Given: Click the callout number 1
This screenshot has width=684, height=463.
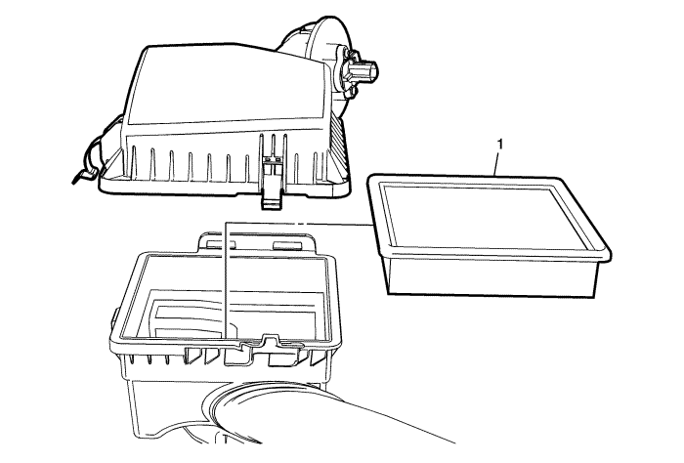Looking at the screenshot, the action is (x=500, y=145).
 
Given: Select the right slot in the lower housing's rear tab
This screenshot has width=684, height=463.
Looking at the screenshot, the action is (x=287, y=245).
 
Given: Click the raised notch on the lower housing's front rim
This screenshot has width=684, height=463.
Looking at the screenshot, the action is (x=271, y=339).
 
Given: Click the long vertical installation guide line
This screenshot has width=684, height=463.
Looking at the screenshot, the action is (x=225, y=279).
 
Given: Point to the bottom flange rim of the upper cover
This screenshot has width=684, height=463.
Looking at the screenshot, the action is (x=225, y=188).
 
